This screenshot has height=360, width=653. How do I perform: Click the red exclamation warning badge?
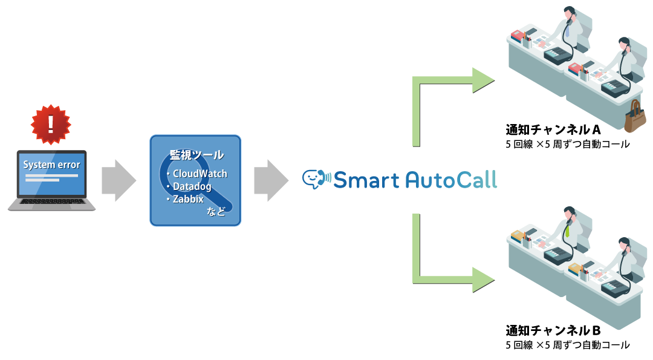click(x=51, y=124)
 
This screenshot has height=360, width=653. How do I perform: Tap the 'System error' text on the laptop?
click(x=51, y=165)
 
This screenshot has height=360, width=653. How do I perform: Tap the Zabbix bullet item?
click(x=187, y=198)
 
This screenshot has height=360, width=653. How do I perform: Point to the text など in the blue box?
click(x=216, y=211)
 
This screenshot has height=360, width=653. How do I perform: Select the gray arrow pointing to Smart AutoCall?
click(x=270, y=180)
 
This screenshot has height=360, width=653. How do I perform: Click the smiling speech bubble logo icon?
click(x=314, y=178)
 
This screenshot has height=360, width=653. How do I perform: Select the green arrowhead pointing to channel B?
click(x=483, y=279)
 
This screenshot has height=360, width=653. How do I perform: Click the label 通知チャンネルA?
click(x=553, y=129)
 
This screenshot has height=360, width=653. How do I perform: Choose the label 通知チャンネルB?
click(x=553, y=330)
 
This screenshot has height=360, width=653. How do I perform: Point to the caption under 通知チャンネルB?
click(x=567, y=345)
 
